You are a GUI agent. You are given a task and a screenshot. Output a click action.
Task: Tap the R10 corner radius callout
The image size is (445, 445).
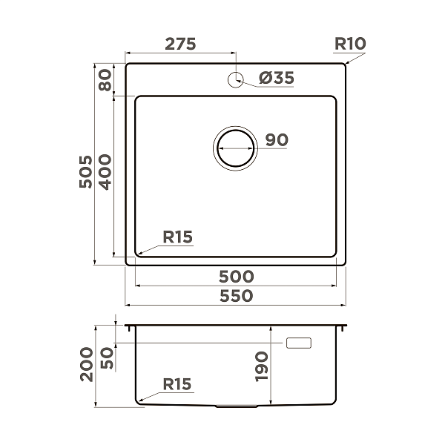[349, 43]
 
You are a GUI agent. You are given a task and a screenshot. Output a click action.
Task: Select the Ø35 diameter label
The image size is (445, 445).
[277, 77]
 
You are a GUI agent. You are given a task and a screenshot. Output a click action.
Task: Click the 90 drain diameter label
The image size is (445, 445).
[276, 139]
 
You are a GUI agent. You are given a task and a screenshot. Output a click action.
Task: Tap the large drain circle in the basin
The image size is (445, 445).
[236, 148]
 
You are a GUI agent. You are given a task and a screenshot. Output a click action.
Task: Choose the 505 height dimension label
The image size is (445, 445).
[87, 171]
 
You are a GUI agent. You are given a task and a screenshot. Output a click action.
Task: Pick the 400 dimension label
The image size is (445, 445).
[105, 171]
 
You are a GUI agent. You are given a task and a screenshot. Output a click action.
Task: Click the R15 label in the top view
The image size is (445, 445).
[177, 237]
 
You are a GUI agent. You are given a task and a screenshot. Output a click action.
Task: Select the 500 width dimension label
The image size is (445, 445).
[237, 277]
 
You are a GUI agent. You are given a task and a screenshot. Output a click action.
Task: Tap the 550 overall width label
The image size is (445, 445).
[237, 295]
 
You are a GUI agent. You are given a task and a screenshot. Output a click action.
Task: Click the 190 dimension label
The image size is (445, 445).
[260, 366]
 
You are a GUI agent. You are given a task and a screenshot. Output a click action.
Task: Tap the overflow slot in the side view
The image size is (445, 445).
[300, 343]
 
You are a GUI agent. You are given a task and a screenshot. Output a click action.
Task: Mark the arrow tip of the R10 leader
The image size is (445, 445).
[344, 65]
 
